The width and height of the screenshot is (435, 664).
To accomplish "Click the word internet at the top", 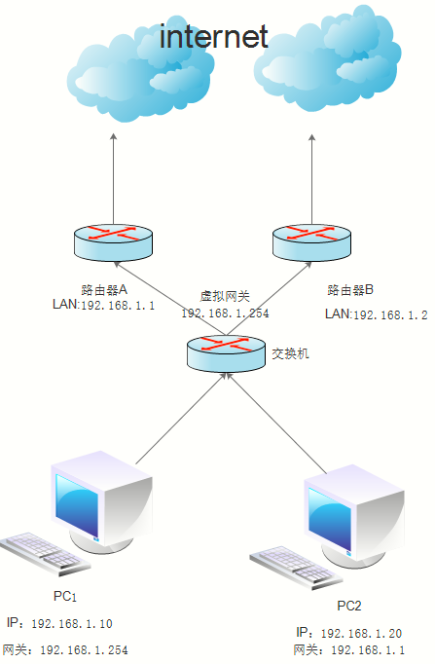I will point(213,36).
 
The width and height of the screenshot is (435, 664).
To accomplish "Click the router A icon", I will point(113,241).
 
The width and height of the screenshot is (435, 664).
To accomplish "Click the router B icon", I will point(311,241).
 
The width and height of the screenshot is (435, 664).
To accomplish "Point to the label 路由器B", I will point(351,290).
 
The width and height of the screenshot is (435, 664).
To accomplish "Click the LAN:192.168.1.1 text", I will point(102,305).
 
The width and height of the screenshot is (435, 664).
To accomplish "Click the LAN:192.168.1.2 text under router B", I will point(376,314).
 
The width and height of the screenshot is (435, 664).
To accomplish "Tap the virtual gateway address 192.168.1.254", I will point(225,314).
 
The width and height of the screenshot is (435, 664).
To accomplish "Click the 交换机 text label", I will point(290,354).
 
